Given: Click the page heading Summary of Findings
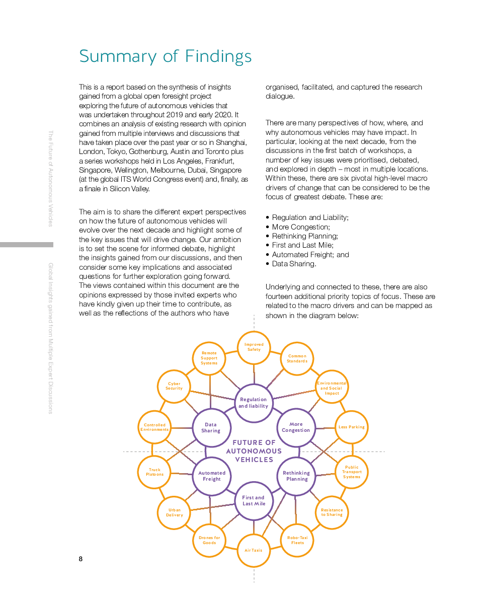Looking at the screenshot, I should point(165,56).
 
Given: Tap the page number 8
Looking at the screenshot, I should point(80,559).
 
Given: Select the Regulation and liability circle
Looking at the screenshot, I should point(254,403).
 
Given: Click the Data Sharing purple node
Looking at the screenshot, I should point(211,427).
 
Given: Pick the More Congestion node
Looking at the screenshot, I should point(296,427).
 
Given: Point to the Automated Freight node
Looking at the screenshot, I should point(212,476).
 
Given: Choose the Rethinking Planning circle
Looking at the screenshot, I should point(296,476).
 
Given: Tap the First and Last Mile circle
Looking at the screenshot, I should point(254,500).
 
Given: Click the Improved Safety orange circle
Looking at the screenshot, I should point(254,347).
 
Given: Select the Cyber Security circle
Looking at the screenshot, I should point(174,386).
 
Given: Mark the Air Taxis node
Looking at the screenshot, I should point(254,550).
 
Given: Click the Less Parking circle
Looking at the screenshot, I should point(351,427).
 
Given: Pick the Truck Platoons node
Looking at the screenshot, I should point(154,472).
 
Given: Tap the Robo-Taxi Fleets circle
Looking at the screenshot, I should point(297,540).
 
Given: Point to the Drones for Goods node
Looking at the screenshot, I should point(209,540).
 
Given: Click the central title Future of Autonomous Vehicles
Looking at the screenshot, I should point(254,451).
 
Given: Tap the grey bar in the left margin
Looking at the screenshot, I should point(27,245).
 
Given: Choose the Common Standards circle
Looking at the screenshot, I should point(297,358).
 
